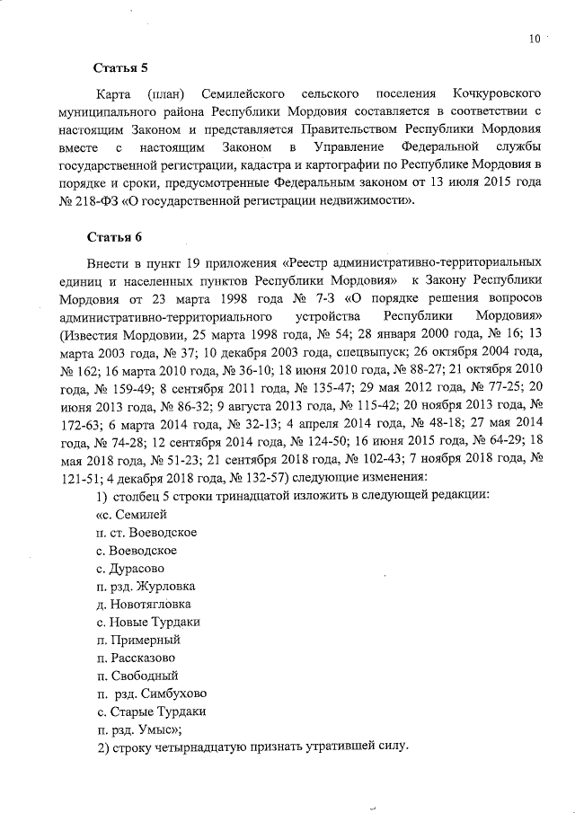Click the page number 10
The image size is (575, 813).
coord(535,39)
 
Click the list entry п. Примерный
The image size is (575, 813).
coord(138,640)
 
